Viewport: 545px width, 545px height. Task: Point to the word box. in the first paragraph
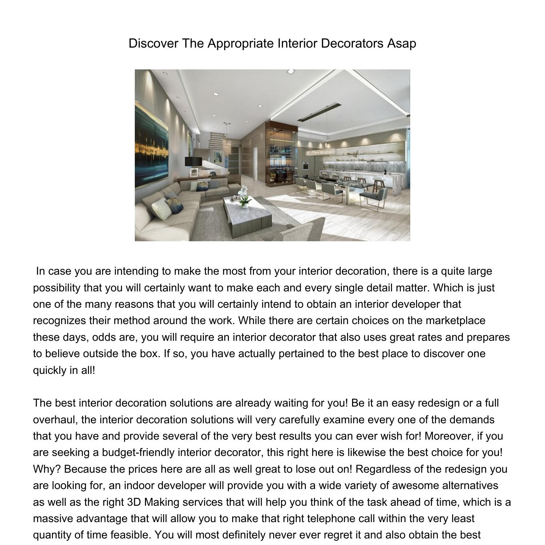(150, 354)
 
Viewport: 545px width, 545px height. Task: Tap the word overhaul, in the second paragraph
(56, 420)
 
